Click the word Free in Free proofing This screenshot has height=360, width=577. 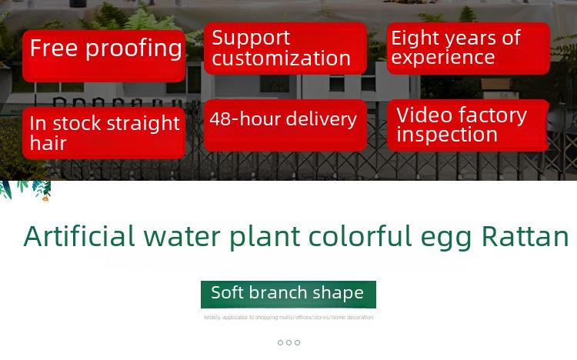pyautogui.click(x=54, y=48)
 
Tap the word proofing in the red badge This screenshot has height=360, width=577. pyautogui.click(x=134, y=49)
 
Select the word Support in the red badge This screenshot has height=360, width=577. pyautogui.click(x=251, y=38)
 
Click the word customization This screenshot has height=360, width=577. pyautogui.click(x=281, y=58)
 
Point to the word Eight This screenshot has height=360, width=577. pyautogui.click(x=415, y=38)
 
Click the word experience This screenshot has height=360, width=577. pyautogui.click(x=442, y=58)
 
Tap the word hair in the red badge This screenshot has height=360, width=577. pyautogui.click(x=48, y=143)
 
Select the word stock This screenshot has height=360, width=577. pyautogui.click(x=77, y=123)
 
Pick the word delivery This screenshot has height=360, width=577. pyautogui.click(x=322, y=120)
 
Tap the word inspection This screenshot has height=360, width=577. pyautogui.click(x=447, y=135)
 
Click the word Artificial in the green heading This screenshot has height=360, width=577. pyautogui.click(x=79, y=236)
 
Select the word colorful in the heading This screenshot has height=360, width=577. pyautogui.click(x=360, y=236)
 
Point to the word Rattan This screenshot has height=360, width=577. pyautogui.click(x=525, y=236)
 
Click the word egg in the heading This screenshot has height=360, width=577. pyautogui.click(x=446, y=239)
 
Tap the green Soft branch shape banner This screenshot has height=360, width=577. pyautogui.click(x=288, y=294)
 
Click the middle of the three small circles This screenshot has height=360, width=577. pyautogui.click(x=288, y=343)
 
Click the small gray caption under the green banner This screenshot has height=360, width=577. pyautogui.click(x=288, y=317)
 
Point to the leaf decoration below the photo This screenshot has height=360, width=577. pyautogui.click(x=25, y=190)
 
